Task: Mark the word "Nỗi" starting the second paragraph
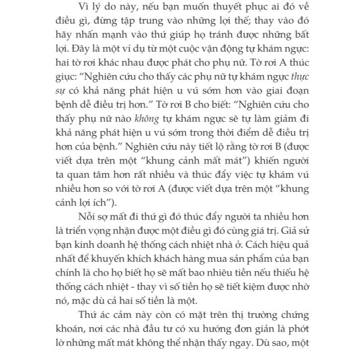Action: click(88, 217)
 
